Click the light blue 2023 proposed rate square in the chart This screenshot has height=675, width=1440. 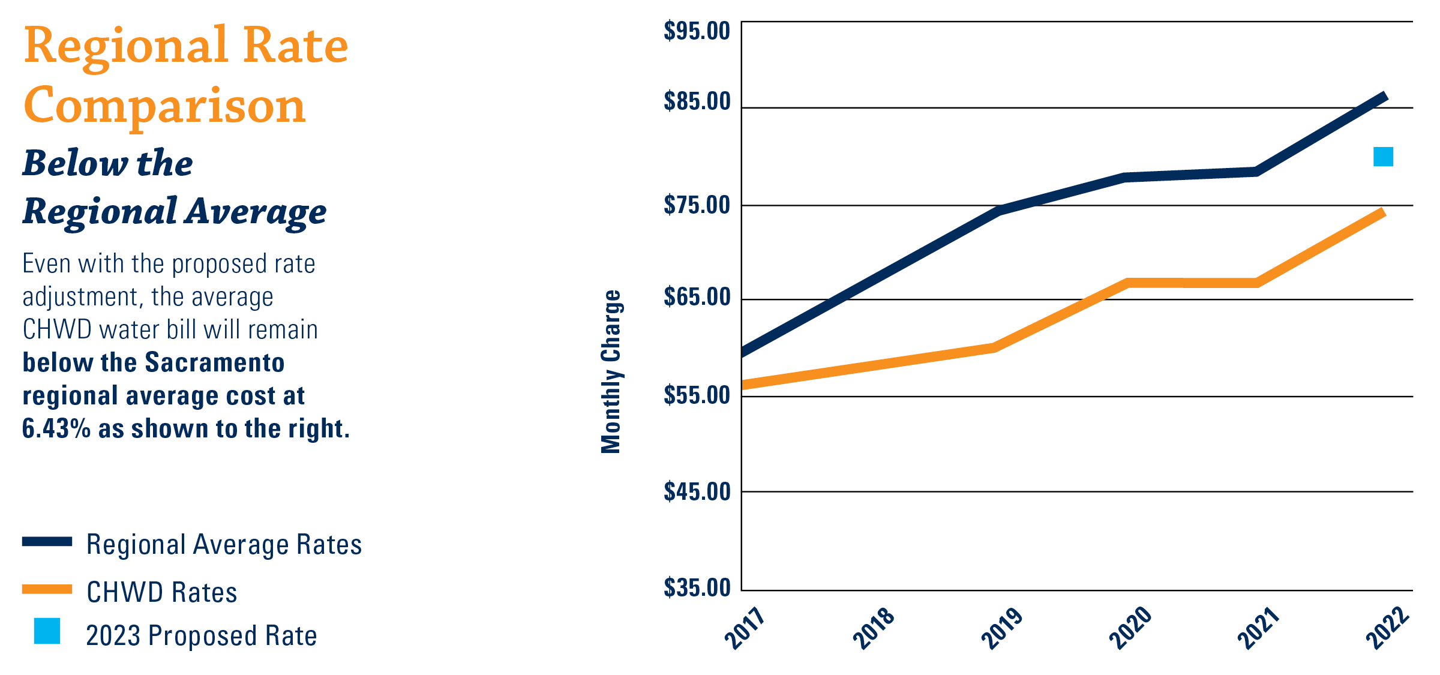click(1383, 157)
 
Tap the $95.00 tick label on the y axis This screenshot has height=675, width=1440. click(697, 31)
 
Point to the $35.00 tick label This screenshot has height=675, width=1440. click(697, 587)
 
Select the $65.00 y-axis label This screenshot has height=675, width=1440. click(697, 297)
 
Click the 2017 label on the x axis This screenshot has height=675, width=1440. click(745, 628)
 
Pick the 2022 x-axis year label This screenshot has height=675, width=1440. click(1387, 628)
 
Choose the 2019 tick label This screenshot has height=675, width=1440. click(1001, 628)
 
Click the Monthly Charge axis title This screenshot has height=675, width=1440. click(611, 371)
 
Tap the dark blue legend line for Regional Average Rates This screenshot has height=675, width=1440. click(47, 542)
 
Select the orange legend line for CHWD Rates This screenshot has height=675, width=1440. click(47, 589)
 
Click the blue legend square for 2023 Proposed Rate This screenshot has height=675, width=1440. click(47, 631)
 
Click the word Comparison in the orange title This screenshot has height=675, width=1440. click(164, 106)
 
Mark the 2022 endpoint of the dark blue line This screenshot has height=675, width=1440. click(1384, 97)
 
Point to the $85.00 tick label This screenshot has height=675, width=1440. click(697, 101)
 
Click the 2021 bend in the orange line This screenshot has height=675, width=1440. click(1256, 283)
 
